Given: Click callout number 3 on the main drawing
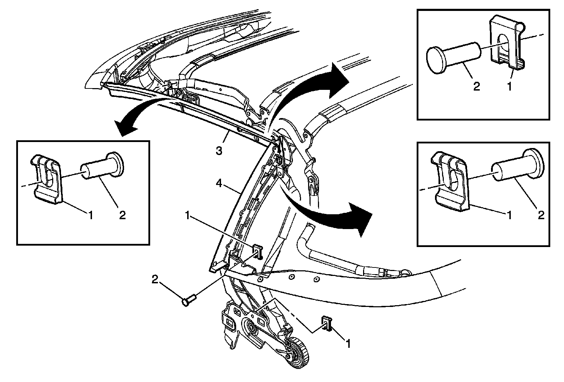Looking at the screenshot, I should (x=219, y=151).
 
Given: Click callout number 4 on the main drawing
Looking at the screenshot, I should (x=219, y=184).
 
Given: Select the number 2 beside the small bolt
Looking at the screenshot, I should (x=155, y=279).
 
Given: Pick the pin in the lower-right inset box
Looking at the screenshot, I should (x=516, y=165).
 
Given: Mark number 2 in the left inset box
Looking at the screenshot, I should (x=122, y=215).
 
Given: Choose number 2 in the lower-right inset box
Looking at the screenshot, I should (x=541, y=215).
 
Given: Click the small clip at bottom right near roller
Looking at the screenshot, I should (x=326, y=322).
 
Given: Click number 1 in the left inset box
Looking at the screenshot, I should (x=91, y=215).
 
